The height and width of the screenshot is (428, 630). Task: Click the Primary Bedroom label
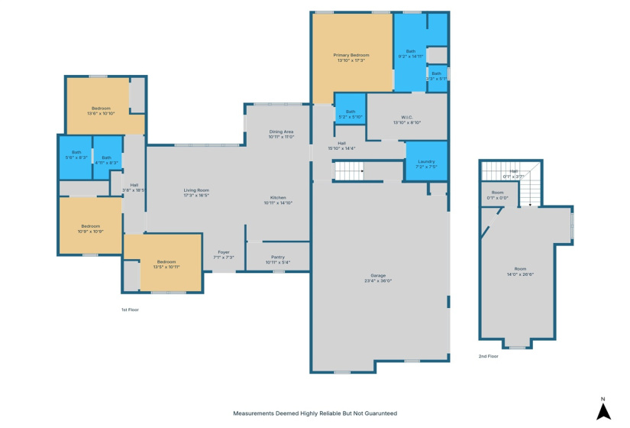351,58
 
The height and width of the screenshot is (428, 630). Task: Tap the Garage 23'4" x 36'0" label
377,277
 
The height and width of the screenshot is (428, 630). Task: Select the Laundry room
425,164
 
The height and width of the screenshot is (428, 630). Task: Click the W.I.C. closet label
407,119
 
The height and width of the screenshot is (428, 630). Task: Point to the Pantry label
276,260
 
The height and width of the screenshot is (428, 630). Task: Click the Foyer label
223,255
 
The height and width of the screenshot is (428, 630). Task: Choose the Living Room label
196,193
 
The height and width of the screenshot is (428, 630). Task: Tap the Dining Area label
281,135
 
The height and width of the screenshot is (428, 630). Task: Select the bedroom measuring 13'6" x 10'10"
102,111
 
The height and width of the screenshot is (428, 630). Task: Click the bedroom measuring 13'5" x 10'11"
166,264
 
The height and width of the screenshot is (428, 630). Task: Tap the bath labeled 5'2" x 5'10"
351,114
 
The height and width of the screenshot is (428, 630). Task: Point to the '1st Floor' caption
130,310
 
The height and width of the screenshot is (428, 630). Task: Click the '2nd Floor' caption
488,357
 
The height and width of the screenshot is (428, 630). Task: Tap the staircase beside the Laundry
348,172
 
